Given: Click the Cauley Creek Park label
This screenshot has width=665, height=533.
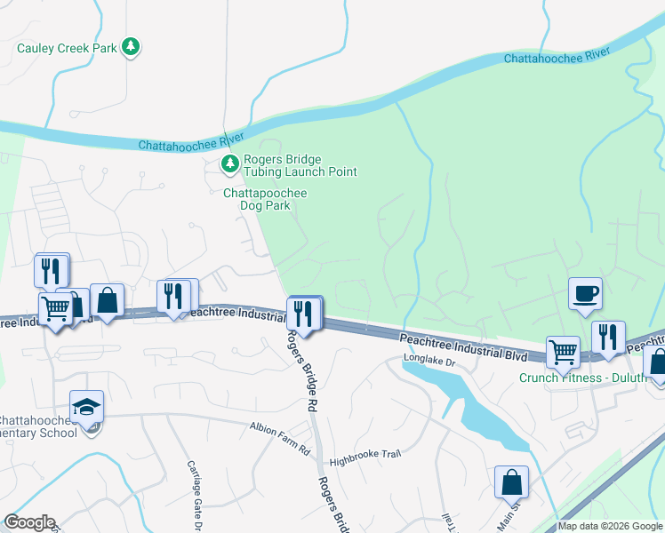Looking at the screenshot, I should pos(67,48).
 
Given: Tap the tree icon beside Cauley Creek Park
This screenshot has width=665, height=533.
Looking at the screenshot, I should pos(131,47).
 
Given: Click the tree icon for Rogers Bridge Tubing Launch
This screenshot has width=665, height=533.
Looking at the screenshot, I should pos(230,163).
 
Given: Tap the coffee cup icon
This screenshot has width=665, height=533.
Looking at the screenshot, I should pos(586,293).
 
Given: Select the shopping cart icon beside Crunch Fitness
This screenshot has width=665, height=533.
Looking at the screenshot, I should pos(562,352).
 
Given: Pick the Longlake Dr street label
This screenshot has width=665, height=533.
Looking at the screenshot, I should pos(429,362).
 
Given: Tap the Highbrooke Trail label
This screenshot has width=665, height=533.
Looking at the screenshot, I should pos(365,454).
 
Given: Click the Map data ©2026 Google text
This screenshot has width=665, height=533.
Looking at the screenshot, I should pos(611,526).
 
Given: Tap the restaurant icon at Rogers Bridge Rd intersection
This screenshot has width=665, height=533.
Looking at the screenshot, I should pos(304,314).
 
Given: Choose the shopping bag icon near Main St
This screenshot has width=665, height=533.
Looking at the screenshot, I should pos(512,482).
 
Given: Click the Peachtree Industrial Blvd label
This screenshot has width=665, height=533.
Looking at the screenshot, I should pos(462,346).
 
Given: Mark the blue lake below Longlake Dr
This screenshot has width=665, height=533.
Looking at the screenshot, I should pos(480,409).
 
